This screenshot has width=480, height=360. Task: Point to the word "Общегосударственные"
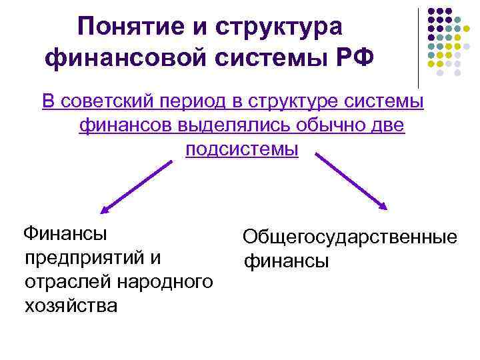tap(350, 237)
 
